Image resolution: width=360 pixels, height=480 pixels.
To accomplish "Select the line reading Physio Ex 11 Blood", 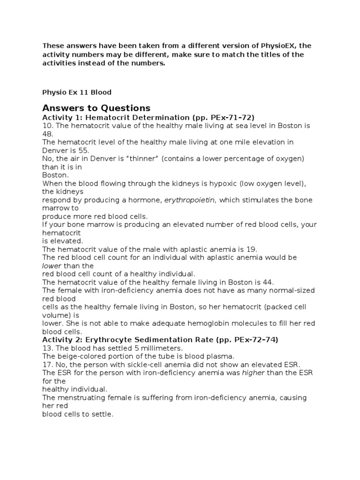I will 77,92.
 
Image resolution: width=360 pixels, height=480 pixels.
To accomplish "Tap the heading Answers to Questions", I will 96,108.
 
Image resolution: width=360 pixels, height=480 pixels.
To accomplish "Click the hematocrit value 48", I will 48,134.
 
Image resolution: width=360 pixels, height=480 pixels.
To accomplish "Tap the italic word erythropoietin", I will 189,200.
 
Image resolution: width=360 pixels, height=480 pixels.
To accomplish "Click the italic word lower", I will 51,265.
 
